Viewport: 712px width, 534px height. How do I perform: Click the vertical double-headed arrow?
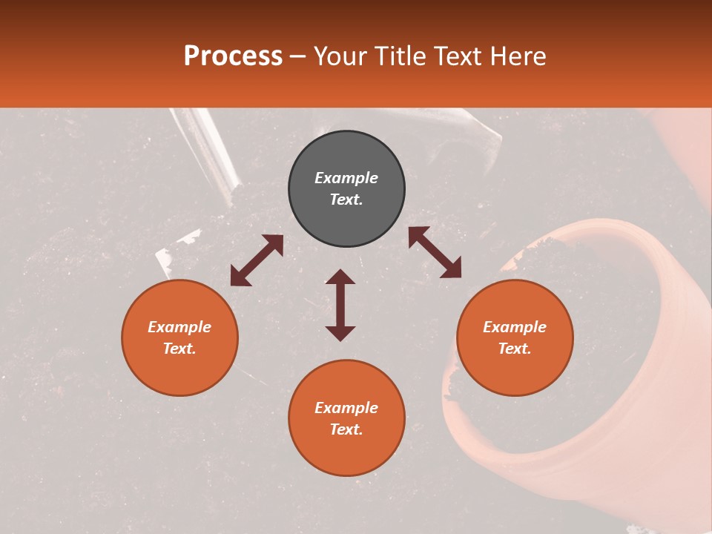coord(340,305)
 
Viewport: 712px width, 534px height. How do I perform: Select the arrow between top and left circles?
coord(257,260)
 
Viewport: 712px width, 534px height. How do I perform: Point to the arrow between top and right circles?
coord(435,252)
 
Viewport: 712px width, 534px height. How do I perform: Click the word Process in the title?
coord(233,56)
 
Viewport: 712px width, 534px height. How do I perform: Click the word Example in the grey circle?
coord(346,178)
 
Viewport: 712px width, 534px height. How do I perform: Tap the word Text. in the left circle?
coord(179,349)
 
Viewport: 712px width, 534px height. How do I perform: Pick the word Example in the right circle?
coord(515,327)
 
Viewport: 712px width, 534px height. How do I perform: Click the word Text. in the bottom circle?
coord(346,429)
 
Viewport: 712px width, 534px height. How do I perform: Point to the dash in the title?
coord(298,57)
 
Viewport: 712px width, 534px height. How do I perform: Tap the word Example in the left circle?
coord(179,327)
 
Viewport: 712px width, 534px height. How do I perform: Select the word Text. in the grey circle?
coord(346,200)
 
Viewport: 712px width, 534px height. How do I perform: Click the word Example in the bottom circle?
coord(346,408)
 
